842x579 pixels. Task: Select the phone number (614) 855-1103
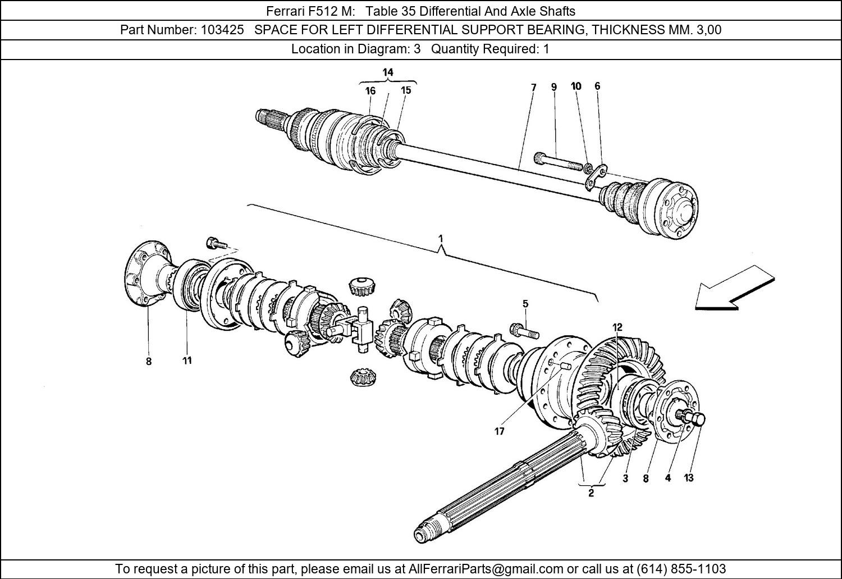(681, 568)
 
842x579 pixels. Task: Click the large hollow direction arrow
(734, 288)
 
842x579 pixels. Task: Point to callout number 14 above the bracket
(388, 72)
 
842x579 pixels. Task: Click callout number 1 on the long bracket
(441, 239)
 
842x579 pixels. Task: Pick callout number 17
(499, 431)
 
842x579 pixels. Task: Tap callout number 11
(187, 360)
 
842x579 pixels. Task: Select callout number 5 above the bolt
(525, 304)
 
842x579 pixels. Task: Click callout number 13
(689, 477)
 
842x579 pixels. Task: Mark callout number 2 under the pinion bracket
(591, 493)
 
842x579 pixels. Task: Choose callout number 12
(617, 327)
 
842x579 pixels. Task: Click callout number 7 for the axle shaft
(533, 87)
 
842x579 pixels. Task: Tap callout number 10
(576, 86)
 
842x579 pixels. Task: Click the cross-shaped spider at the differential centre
(360, 329)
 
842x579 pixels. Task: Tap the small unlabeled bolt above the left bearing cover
(216, 243)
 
